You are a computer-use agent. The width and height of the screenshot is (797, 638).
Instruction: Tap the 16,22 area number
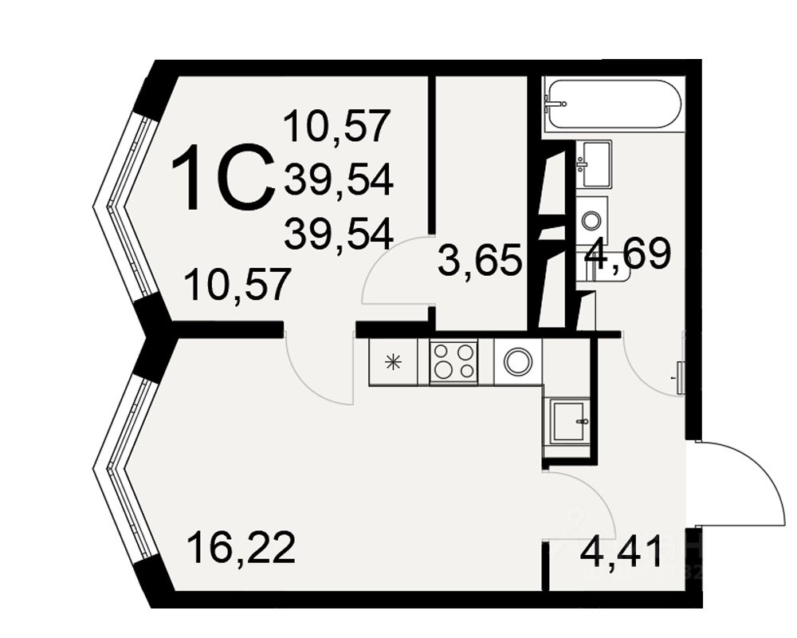click(x=241, y=549)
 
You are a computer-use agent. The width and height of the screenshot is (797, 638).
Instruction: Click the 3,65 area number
click(x=480, y=261)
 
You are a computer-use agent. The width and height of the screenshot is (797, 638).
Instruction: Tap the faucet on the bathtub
click(x=555, y=103)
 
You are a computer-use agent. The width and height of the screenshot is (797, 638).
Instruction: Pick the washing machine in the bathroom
click(x=591, y=218)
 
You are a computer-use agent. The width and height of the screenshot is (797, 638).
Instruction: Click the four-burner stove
click(x=453, y=361)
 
